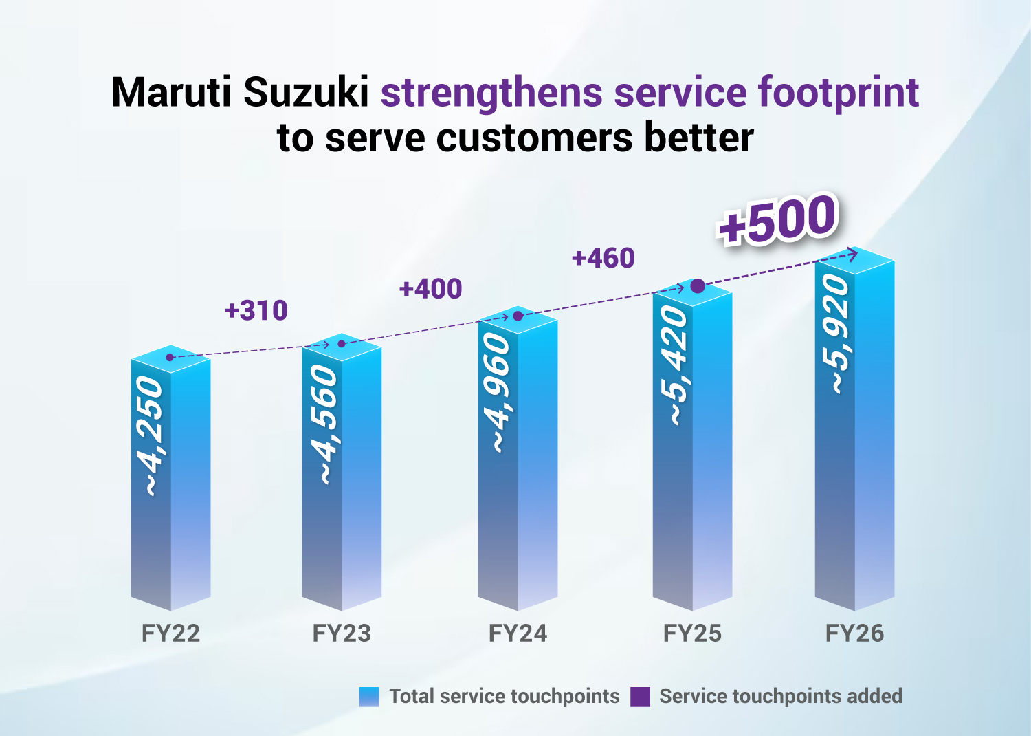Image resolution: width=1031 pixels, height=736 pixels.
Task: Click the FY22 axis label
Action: point(170,633)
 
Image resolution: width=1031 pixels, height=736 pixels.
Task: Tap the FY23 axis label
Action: point(342,633)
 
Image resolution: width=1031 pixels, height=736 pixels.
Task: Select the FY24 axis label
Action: point(518,633)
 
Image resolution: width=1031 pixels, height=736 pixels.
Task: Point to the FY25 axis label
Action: point(692,633)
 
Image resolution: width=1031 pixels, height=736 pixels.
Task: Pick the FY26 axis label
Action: point(854,633)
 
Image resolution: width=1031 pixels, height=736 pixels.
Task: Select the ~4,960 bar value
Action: point(498,393)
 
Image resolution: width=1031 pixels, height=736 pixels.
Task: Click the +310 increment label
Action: point(256,311)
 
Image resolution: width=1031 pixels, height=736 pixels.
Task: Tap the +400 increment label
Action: point(430,289)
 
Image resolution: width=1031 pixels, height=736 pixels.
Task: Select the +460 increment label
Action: point(603,259)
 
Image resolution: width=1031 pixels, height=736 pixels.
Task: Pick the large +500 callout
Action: point(777,220)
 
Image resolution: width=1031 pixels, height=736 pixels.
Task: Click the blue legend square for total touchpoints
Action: point(369,697)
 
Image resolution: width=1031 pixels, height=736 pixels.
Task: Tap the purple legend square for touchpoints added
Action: point(640,697)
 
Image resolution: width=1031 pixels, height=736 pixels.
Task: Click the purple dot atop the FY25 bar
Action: point(697,286)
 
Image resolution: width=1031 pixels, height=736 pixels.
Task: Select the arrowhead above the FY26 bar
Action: point(853,254)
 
